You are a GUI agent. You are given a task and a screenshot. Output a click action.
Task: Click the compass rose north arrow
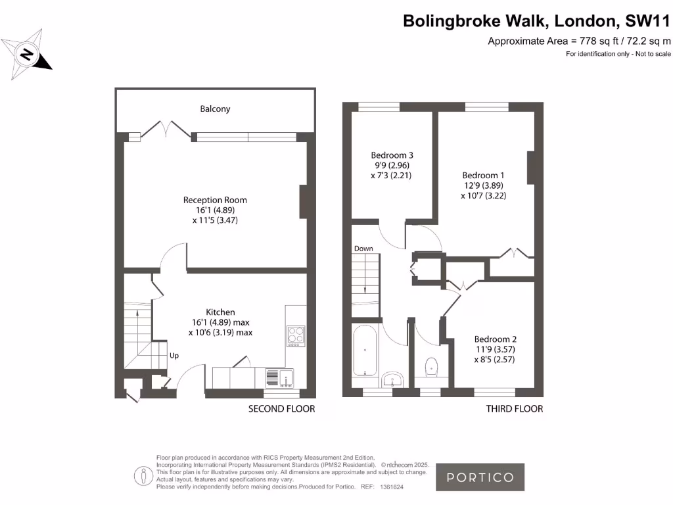[x=27, y=55]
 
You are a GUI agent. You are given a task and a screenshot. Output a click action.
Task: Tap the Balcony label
[x=215, y=109]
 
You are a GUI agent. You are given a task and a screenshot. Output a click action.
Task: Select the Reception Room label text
[x=215, y=200]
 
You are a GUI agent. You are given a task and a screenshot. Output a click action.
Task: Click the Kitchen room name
[x=220, y=312]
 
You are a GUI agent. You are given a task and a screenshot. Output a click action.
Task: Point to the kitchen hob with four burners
[x=296, y=335]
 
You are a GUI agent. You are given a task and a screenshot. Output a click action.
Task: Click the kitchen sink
[x=280, y=377]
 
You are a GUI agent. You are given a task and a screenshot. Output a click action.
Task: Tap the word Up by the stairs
[x=174, y=356]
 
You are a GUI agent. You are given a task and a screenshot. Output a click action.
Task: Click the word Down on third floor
[x=363, y=249]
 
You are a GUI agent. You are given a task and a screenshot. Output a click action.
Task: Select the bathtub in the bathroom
[x=365, y=352]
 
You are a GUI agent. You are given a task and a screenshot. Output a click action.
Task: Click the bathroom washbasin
[x=393, y=379]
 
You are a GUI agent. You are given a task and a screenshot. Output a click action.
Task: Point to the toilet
[x=432, y=366]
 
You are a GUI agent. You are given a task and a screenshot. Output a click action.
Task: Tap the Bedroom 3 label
[x=392, y=155]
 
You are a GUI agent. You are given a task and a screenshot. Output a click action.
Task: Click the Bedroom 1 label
[x=483, y=175]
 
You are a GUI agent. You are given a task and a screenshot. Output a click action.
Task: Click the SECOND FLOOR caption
[x=281, y=409]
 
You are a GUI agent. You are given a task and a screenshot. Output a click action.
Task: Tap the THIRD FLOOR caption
[x=514, y=409]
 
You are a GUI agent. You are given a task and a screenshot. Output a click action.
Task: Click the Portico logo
[x=480, y=477]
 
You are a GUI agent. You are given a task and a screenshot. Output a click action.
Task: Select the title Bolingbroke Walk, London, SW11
[x=536, y=21]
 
